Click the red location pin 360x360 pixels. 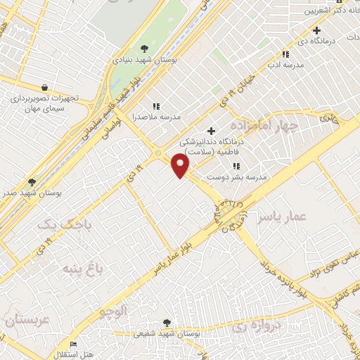click(x=181, y=165)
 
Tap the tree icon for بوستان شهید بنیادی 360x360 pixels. click(x=144, y=49)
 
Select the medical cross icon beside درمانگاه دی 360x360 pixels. click(x=317, y=30)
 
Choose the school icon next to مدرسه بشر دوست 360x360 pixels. click(x=236, y=167)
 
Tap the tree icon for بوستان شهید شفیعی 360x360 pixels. click(x=166, y=322)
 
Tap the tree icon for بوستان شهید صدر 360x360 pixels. click(x=31, y=181)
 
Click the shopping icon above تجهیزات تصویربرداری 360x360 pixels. click(x=45, y=88)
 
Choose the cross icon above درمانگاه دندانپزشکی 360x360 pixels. click(x=211, y=130)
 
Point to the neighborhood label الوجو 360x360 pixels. click(x=113, y=310)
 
